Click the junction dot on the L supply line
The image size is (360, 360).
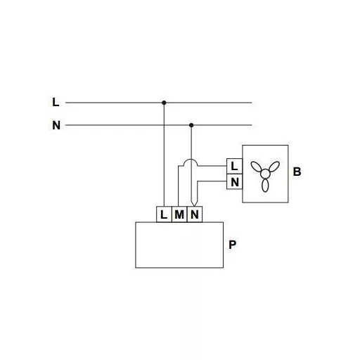[164, 103]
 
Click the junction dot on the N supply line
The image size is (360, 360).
[191, 125]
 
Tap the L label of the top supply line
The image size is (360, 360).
[56, 102]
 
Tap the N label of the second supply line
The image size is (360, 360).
[56, 125]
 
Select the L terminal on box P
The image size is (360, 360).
[164, 214]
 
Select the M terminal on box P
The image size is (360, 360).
[179, 214]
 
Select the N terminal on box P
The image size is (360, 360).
[195, 214]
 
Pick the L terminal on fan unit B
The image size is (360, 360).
[234, 166]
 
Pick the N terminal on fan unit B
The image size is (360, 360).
[234, 181]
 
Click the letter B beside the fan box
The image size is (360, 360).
[297, 172]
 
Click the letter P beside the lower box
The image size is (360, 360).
[232, 245]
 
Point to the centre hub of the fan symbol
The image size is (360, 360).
[265, 174]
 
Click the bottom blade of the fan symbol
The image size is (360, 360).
[265, 186]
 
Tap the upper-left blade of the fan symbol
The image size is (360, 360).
[256, 167]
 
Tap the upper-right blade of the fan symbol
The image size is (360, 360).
[274, 167]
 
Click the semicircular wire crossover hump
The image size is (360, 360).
[191, 159]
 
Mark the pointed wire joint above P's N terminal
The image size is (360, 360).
[194, 206]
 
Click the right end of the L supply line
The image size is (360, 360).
[252, 103]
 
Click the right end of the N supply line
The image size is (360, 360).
[252, 125]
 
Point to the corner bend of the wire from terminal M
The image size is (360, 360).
[179, 166]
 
